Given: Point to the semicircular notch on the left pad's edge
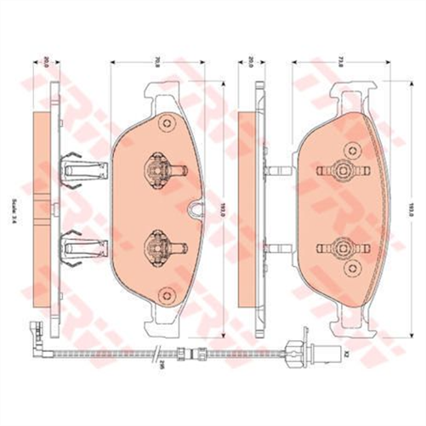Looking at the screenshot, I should coord(196,207).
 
